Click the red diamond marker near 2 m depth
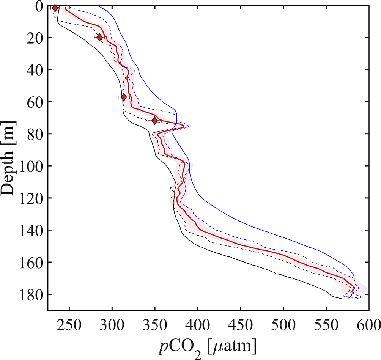(x=55, y=8)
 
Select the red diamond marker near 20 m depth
(x=99, y=37)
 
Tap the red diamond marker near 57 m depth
(x=124, y=97)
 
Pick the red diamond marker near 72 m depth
(x=154, y=121)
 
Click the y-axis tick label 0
(x=38, y=6)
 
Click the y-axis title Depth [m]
(x=9, y=158)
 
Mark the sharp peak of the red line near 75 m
(x=184, y=126)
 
